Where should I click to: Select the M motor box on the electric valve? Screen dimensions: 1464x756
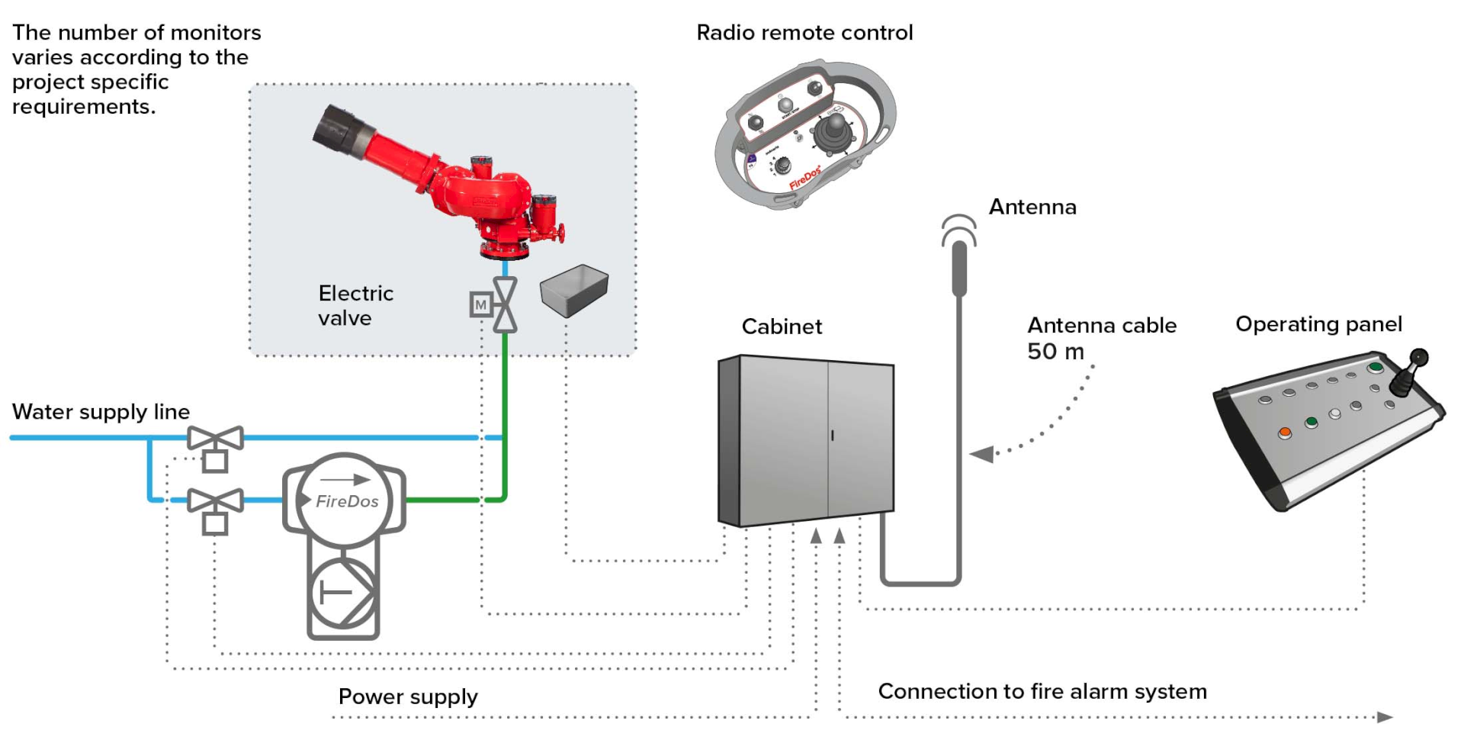coord(480,305)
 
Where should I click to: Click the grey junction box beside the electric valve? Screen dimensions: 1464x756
coord(574,290)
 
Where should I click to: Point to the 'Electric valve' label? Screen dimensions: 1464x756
coord(355,305)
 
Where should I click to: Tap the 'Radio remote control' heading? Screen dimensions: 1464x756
coord(804,33)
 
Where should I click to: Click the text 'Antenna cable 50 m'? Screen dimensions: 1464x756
coord(1102,338)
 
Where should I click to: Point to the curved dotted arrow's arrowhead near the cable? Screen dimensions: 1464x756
coord(982,455)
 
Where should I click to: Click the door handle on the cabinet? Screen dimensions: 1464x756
coord(832,436)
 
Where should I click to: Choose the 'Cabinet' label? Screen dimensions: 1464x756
coord(782,327)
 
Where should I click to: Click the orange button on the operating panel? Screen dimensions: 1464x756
coord(1285,433)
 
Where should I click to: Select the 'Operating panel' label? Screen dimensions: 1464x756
coord(1318,324)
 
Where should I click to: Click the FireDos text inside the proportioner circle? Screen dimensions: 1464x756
coord(347,501)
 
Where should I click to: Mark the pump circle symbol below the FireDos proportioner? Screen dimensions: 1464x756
coord(343,593)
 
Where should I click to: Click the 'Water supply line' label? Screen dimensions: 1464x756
coord(101,412)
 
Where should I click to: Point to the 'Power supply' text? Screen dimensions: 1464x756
coord(408,697)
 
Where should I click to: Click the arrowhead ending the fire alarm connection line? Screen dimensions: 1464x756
coord(1385,717)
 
